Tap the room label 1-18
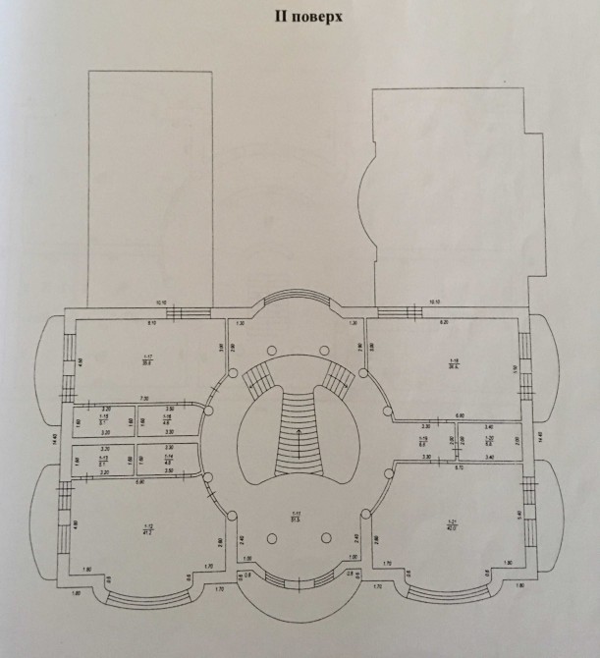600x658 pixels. coord(455,362)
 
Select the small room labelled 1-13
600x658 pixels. coord(103,461)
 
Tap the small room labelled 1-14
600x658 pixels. coord(167,461)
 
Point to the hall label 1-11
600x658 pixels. coord(294,518)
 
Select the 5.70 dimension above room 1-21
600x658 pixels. coord(458,466)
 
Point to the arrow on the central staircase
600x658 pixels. coord(294,432)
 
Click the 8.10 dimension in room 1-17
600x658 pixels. coord(152,322)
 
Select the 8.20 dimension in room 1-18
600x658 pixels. coord(444,322)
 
